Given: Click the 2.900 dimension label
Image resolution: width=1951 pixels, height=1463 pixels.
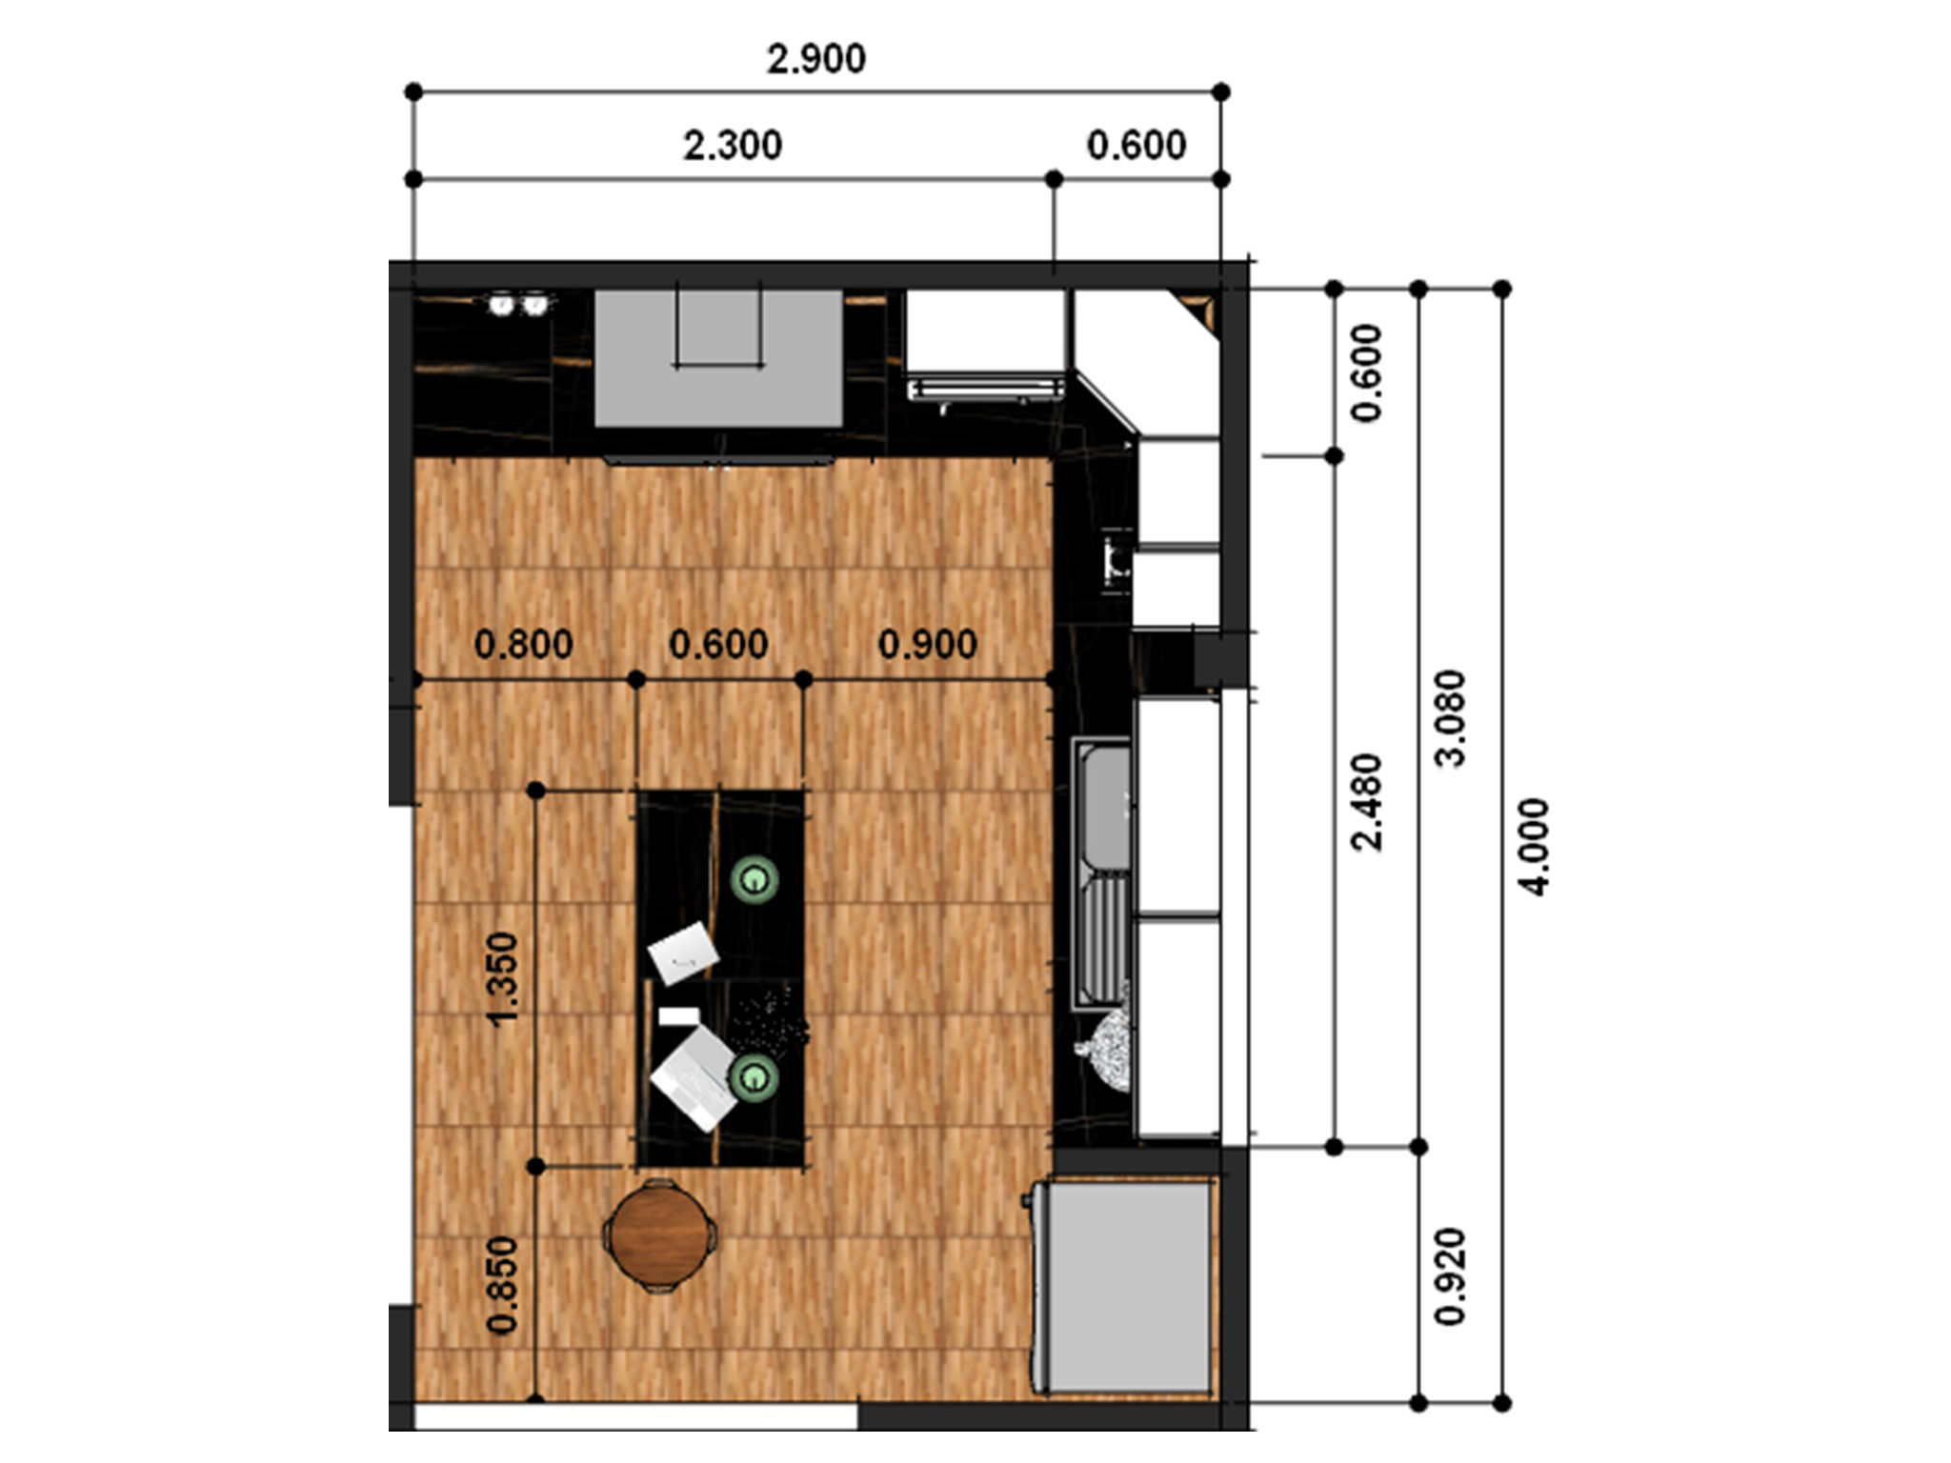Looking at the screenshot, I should click(x=816, y=59).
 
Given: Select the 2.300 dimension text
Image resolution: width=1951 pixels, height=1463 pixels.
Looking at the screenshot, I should click(x=733, y=146).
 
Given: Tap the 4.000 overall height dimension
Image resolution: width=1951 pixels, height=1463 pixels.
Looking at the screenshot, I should click(x=1534, y=846).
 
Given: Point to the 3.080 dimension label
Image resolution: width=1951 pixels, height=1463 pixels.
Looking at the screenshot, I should click(x=1450, y=718).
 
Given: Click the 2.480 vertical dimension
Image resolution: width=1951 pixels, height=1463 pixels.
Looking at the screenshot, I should click(x=1366, y=802).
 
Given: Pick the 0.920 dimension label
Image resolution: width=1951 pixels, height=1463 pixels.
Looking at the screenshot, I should click(x=1450, y=1276).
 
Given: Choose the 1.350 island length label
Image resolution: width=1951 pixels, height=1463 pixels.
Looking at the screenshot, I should click(x=502, y=978).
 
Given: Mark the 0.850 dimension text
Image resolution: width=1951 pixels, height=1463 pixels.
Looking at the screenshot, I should click(x=502, y=1284).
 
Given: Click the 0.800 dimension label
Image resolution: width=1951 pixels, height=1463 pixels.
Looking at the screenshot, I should click(x=524, y=645).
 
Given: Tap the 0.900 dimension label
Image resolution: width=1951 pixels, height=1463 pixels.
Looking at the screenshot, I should click(x=927, y=645).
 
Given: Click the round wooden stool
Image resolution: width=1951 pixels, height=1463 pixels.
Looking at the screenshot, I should click(x=659, y=1235).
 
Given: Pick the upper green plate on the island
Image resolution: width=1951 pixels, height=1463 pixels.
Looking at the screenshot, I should click(x=754, y=879).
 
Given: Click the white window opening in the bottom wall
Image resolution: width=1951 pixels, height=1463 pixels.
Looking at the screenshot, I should click(x=636, y=1416).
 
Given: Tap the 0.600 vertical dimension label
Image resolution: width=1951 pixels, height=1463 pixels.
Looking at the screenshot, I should click(x=1366, y=372).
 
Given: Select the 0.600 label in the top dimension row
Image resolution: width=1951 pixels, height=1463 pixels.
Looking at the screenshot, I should click(x=1136, y=146).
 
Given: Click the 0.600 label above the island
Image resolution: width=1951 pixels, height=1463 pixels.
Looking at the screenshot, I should click(x=718, y=645).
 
